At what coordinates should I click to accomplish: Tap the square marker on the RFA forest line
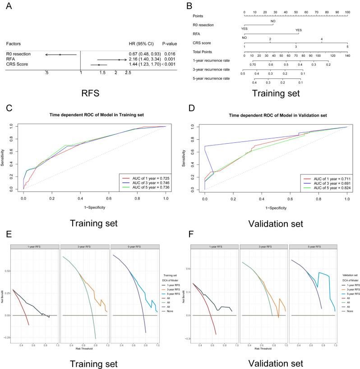tap(119, 59)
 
